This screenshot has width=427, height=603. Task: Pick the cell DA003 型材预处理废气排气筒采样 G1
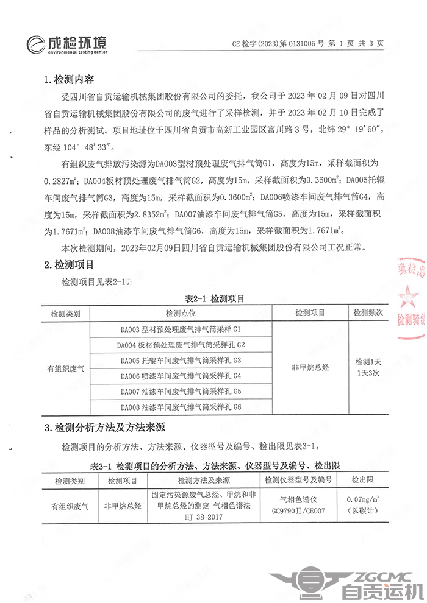181,330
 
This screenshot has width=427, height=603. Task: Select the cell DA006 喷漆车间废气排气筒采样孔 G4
181,375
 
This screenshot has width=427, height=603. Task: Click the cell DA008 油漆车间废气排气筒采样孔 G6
181,406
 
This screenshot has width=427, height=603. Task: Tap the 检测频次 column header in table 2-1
368,313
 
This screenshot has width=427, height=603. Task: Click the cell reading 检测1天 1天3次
368,367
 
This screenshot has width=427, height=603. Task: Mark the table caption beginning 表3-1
214,465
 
